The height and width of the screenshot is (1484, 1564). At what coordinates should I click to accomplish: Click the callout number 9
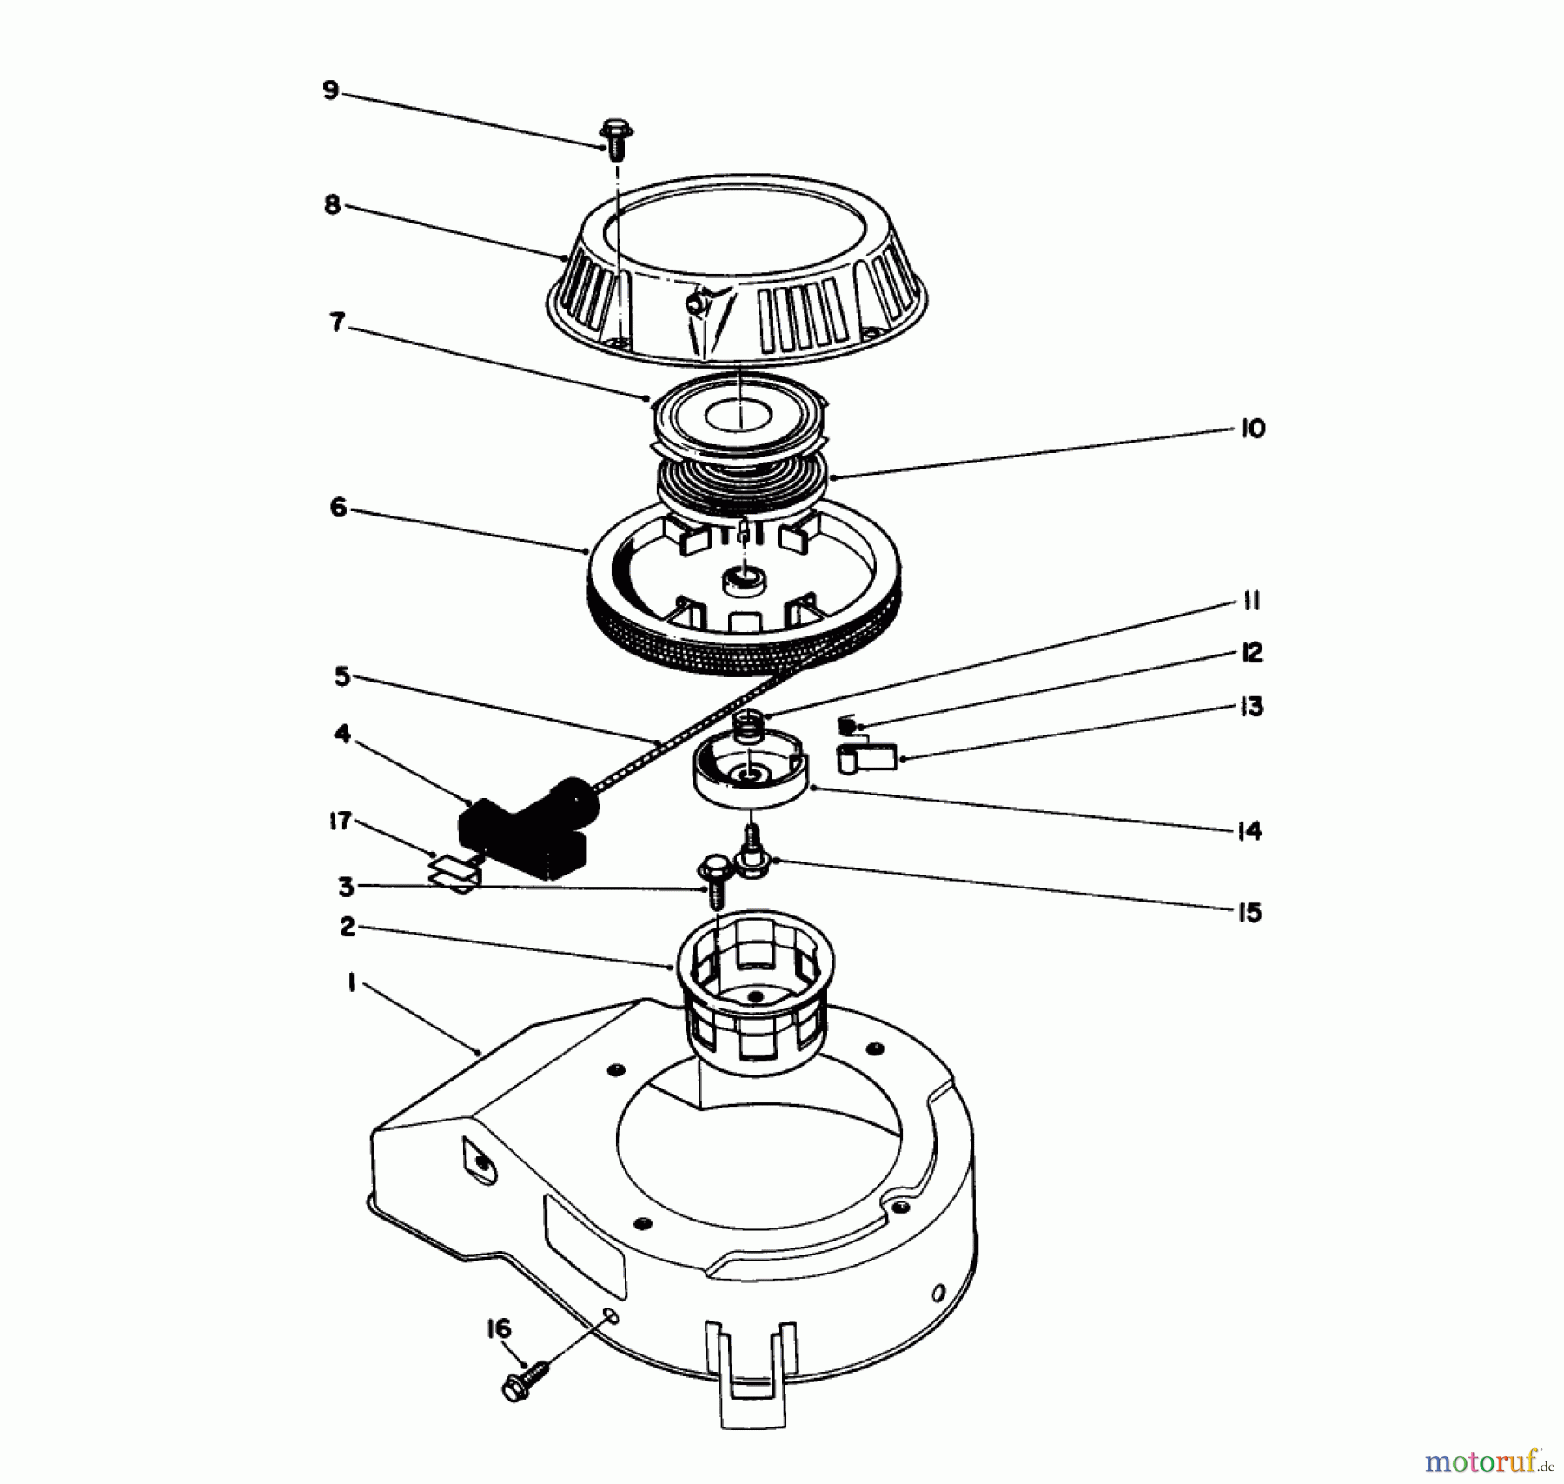point(330,90)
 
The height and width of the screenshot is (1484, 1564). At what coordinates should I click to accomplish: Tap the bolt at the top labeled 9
point(616,139)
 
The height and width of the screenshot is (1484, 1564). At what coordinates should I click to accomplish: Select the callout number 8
point(332,206)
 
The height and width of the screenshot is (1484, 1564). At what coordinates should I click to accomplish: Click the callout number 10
point(1252,429)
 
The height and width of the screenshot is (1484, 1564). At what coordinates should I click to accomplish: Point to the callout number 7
point(337,323)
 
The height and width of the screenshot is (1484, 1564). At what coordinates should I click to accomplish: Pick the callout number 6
point(338,507)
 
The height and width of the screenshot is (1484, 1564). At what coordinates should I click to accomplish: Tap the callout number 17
point(340,821)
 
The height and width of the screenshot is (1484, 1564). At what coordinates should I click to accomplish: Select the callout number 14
point(1249,831)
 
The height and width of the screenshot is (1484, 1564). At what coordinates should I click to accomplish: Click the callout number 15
point(1249,912)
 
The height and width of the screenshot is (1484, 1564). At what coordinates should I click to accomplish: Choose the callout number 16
point(499,1329)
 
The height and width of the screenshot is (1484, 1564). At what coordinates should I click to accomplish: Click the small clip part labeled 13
point(866,757)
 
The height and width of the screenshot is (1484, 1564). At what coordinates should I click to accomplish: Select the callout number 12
point(1251,653)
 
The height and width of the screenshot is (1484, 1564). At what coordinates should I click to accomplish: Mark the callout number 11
point(1251,602)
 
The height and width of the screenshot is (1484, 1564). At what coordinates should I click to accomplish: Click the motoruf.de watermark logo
point(1488,1461)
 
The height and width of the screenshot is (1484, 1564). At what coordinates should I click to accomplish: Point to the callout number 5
point(341,676)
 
